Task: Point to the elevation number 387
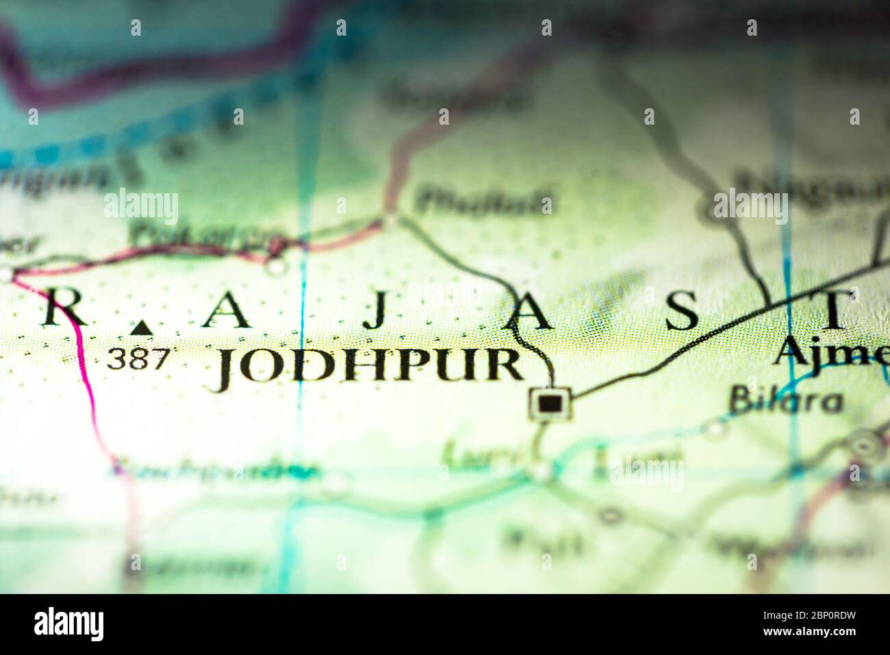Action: (x=137, y=359)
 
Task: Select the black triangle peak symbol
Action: (x=142, y=328)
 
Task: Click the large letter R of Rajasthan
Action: (x=64, y=310)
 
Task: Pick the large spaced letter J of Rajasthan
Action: (x=374, y=312)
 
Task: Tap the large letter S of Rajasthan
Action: (x=682, y=311)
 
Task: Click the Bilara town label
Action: (x=785, y=400)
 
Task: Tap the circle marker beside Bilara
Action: (x=715, y=428)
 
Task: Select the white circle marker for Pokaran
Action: (x=275, y=266)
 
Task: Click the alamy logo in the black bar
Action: (x=68, y=624)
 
